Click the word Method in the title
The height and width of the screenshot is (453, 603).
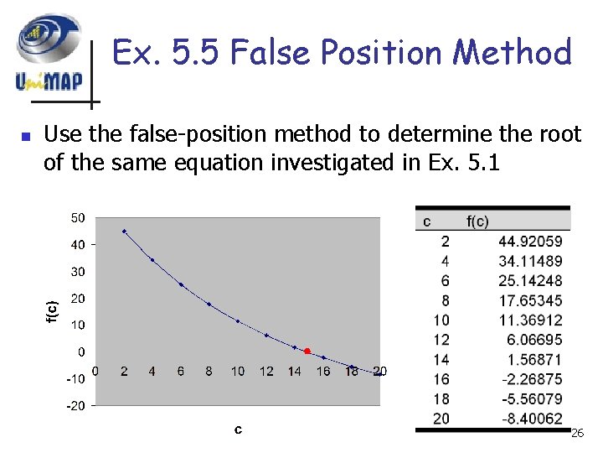coord(512,52)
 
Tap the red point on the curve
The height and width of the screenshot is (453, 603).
coord(307,351)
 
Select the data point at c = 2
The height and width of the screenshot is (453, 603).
coord(125,231)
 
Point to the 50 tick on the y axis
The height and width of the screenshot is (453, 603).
coord(77,218)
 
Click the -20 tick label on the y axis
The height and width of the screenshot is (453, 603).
coord(76,406)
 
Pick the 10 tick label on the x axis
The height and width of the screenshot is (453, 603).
coord(238,371)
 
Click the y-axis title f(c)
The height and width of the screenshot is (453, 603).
coord(52,311)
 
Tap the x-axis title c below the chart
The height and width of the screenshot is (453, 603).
coord(239,429)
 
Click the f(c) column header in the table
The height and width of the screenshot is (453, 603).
coord(477,221)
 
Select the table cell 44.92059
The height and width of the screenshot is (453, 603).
coord(531,242)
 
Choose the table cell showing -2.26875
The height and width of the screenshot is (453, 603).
coord(531,378)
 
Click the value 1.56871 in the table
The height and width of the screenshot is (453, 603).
coord(533,359)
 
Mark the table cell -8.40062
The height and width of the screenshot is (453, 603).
coord(531,418)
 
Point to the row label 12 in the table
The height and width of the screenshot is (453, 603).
coord(441,340)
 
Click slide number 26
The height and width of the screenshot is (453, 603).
coord(576,433)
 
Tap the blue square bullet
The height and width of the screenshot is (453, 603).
coord(26,136)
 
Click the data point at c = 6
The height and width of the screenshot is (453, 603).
coord(182,284)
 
